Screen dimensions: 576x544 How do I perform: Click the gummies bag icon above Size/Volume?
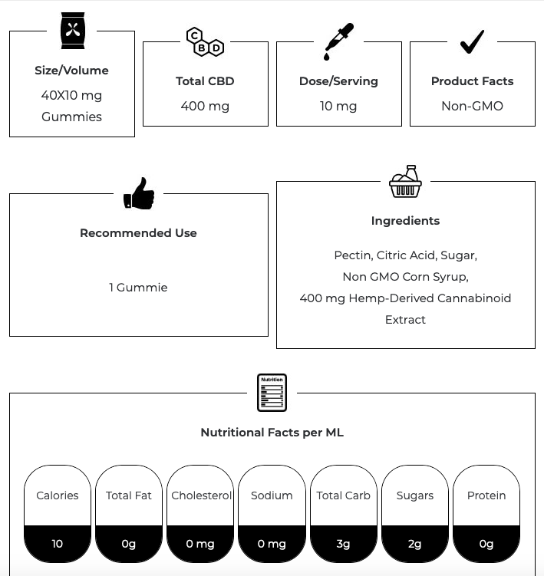pyautogui.click(x=72, y=31)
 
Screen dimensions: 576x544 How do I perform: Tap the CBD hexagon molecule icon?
pyautogui.click(x=205, y=41)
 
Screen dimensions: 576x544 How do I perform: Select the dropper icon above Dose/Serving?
pyautogui.click(x=338, y=41)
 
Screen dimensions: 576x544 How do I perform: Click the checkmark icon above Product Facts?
pyautogui.click(x=472, y=41)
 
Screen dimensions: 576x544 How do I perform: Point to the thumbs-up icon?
pyautogui.click(x=139, y=193)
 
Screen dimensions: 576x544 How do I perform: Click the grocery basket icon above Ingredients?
pyautogui.click(x=405, y=182)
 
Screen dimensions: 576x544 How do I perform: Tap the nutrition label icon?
pyautogui.click(x=272, y=393)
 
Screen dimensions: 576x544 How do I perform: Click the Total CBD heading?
pyautogui.click(x=205, y=81)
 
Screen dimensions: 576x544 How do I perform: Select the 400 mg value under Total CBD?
pyautogui.click(x=205, y=106)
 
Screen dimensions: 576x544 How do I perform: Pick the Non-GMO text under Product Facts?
pyautogui.click(x=472, y=106)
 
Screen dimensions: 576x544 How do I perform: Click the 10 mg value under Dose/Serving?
pyautogui.click(x=338, y=106)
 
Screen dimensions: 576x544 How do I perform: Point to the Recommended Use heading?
pyautogui.click(x=138, y=233)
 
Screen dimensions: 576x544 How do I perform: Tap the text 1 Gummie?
pyautogui.click(x=138, y=288)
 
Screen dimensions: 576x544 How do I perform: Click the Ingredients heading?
pyautogui.click(x=405, y=221)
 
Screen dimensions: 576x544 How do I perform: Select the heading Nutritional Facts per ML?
pyautogui.click(x=272, y=433)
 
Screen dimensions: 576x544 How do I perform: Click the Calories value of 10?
pyautogui.click(x=58, y=544)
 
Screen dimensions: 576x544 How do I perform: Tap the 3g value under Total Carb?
pyautogui.click(x=343, y=544)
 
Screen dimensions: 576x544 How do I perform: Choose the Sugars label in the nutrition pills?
pyautogui.click(x=415, y=495)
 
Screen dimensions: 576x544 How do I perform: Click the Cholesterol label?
pyautogui.click(x=201, y=495)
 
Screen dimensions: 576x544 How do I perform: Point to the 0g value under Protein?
pyautogui.click(x=486, y=544)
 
